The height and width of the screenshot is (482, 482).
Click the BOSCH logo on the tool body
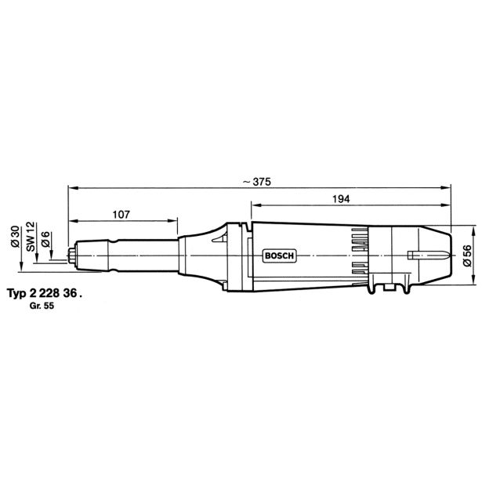coord(279,255)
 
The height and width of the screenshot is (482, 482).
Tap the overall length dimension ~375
coord(257,182)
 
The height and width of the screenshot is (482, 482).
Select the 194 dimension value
coord(341,199)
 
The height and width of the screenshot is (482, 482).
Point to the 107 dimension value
coord(121,215)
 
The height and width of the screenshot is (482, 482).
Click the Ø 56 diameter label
coord(467,255)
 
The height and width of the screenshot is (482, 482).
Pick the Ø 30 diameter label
coord(15,237)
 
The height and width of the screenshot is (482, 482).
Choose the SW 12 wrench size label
coord(31,237)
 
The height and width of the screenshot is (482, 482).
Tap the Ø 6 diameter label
coord(45,239)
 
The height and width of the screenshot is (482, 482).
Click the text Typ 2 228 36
coord(45,293)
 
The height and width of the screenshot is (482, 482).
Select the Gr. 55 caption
coord(42,306)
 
